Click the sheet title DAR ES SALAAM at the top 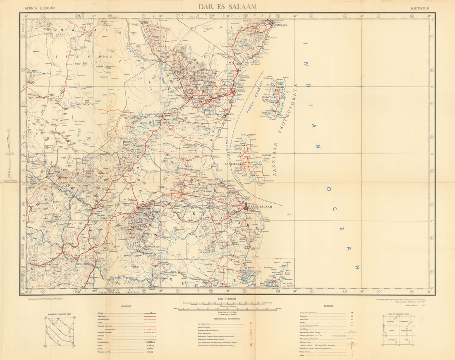point(227,7)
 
